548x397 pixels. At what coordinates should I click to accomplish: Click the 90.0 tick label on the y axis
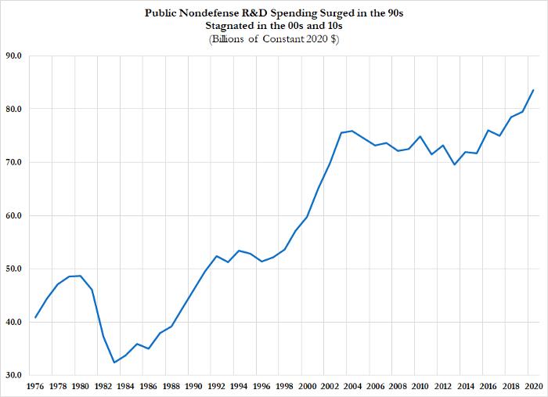pyautogui.click(x=14, y=56)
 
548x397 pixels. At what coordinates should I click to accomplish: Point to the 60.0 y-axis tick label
pyautogui.click(x=14, y=215)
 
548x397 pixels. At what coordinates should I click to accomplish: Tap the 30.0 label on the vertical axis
pyautogui.click(x=14, y=375)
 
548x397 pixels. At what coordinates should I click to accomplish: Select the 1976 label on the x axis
pyautogui.click(x=35, y=386)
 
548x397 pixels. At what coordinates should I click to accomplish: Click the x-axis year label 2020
pyautogui.click(x=533, y=386)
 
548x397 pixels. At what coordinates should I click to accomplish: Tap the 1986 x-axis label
pyautogui.click(x=149, y=386)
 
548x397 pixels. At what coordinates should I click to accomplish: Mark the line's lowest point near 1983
pyautogui.click(x=114, y=363)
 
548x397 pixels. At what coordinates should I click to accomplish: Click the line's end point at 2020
pyautogui.click(x=533, y=90)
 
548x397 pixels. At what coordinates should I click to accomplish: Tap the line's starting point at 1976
pyautogui.click(x=35, y=318)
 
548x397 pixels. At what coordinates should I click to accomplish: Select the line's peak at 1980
pyautogui.click(x=81, y=276)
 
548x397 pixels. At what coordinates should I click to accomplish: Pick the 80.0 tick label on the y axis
pyautogui.click(x=14, y=109)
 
